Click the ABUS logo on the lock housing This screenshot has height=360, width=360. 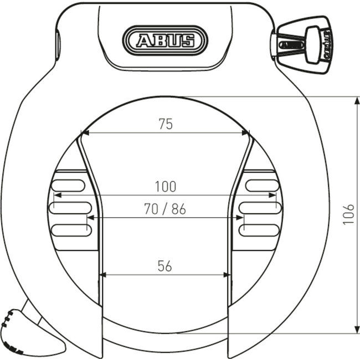[167, 40]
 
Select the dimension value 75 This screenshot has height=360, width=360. [164, 124]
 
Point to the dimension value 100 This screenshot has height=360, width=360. [165, 187]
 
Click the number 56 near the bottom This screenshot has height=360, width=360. [164, 266]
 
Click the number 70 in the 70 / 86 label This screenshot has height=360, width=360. [151, 209]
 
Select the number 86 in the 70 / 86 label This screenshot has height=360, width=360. [178, 209]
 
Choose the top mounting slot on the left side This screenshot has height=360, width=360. [69, 186]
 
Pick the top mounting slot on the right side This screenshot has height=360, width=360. [260, 186]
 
